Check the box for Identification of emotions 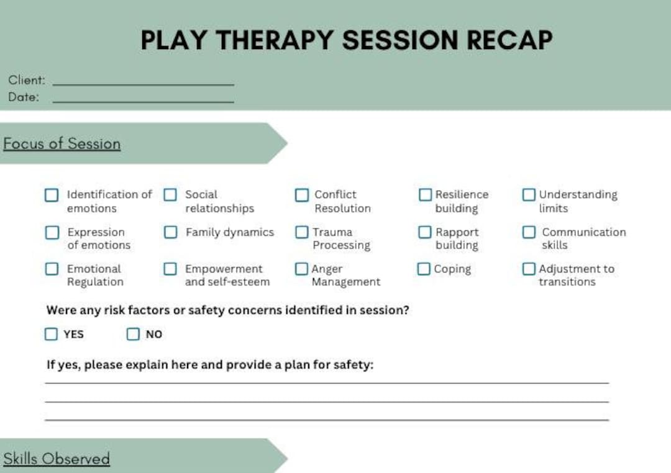coord(52,195)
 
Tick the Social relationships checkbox coord(170,195)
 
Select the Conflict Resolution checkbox coord(301,195)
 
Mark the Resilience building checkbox coord(425,195)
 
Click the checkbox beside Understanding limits coord(529,195)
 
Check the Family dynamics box coord(170,232)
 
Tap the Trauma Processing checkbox coord(301,232)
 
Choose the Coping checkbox coord(424,269)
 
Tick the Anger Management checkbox coord(301,269)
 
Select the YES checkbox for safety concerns coord(51,334)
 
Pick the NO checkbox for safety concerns coord(133,334)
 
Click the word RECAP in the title coord(509,40)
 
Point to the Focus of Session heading coord(62,143)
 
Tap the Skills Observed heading coord(57,459)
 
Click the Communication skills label coord(583,238)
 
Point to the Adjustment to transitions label coord(576,275)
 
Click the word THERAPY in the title coord(273,40)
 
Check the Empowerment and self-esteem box coord(170,269)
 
